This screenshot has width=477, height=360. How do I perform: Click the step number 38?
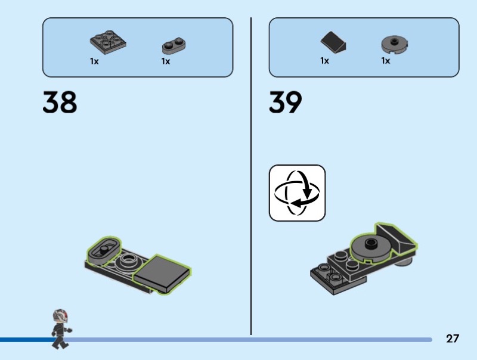click(60, 102)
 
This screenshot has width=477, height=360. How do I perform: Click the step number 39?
click(286, 102)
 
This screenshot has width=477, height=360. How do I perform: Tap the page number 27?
click(453, 339)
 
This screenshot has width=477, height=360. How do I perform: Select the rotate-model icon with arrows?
click(297, 193)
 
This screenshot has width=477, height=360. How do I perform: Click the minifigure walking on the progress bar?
click(60, 328)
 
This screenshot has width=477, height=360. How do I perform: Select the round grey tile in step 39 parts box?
click(394, 44)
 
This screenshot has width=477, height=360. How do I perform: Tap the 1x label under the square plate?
click(94, 61)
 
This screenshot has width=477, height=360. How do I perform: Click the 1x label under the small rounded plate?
click(166, 61)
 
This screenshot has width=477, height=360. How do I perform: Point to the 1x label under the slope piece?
click(324, 61)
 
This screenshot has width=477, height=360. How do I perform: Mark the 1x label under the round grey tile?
click(386, 61)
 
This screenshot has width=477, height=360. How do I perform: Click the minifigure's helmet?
click(60, 315)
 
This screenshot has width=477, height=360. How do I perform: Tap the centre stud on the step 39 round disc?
click(370, 242)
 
